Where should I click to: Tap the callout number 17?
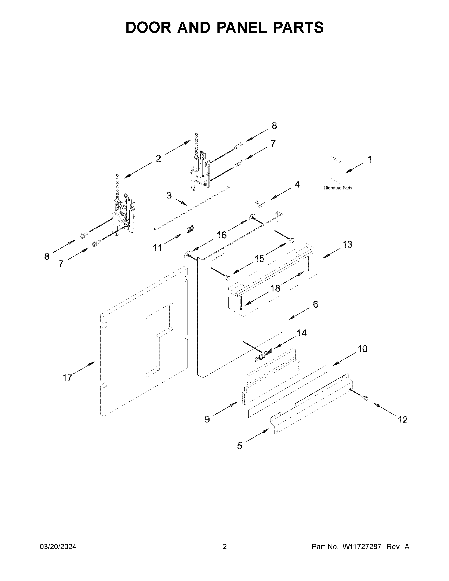pyautogui.click(x=67, y=377)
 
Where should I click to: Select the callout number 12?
pyautogui.click(x=403, y=420)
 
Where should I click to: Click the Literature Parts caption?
pyautogui.click(x=338, y=188)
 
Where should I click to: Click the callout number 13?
pyautogui.click(x=347, y=244)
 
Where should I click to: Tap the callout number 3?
pyautogui.click(x=169, y=196)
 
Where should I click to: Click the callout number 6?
pyautogui.click(x=315, y=304)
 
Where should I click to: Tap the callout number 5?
pyautogui.click(x=240, y=446)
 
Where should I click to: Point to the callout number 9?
pyautogui.click(x=207, y=420)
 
